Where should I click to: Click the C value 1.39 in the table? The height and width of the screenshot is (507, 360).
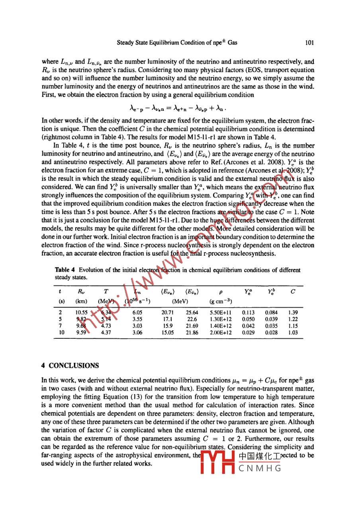click(x=293, y=313)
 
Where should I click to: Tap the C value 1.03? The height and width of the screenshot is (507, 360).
click(x=293, y=332)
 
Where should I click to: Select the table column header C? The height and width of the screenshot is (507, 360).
click(x=293, y=291)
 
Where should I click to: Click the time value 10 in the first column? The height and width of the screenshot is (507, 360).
click(x=58, y=332)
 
